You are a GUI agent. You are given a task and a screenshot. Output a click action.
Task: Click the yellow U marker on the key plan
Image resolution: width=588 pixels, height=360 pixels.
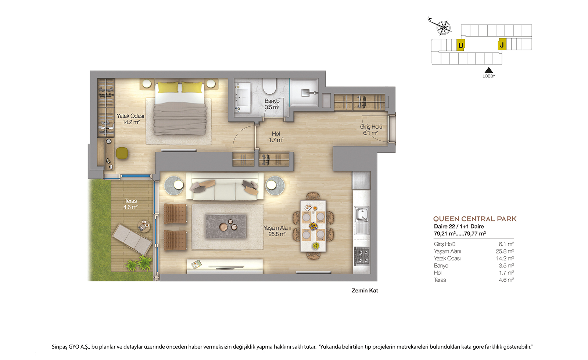tap(460, 45)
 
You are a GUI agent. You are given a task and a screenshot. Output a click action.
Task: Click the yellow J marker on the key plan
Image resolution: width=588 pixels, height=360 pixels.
tap(502, 44)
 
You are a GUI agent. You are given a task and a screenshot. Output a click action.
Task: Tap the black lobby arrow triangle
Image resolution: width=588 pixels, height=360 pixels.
tap(488, 70)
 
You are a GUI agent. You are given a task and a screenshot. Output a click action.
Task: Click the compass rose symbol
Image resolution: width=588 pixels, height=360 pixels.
tap(443, 28)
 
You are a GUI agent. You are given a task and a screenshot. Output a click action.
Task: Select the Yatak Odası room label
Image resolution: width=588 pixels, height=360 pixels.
tap(130, 119)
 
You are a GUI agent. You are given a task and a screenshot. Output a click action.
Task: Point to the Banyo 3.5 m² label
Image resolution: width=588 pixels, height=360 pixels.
tap(272, 104)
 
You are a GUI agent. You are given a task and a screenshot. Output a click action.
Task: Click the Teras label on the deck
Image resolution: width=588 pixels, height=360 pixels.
tap(131, 204)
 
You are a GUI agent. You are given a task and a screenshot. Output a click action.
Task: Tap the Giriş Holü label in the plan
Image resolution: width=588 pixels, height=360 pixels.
tap(371, 130)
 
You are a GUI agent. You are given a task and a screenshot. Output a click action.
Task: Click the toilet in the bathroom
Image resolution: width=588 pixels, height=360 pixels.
tap(270, 86)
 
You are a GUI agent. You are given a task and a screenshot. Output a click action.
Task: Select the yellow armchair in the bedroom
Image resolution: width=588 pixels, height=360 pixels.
tap(122, 153)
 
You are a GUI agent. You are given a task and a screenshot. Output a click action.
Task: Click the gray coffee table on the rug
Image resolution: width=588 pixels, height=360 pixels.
tap(226, 226)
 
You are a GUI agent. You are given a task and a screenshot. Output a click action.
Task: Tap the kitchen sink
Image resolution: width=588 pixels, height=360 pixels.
tap(362, 215)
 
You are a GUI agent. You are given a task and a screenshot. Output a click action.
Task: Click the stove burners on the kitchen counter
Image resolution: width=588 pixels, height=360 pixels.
tap(362, 256)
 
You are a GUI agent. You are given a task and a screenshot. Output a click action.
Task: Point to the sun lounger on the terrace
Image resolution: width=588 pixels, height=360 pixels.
tap(132, 239)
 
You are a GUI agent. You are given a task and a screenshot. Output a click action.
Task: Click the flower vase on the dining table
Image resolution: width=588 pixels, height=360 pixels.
tap(313, 226)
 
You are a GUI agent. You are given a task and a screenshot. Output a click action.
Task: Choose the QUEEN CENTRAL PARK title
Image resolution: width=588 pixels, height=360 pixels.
tap(474, 219)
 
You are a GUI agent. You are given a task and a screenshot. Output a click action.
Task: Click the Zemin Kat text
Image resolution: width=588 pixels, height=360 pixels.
tap(365, 291)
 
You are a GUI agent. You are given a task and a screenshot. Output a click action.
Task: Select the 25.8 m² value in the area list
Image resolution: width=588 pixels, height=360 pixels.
tap(505, 251)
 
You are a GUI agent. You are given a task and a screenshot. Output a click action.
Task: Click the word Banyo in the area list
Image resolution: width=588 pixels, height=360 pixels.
tap(441, 266)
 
